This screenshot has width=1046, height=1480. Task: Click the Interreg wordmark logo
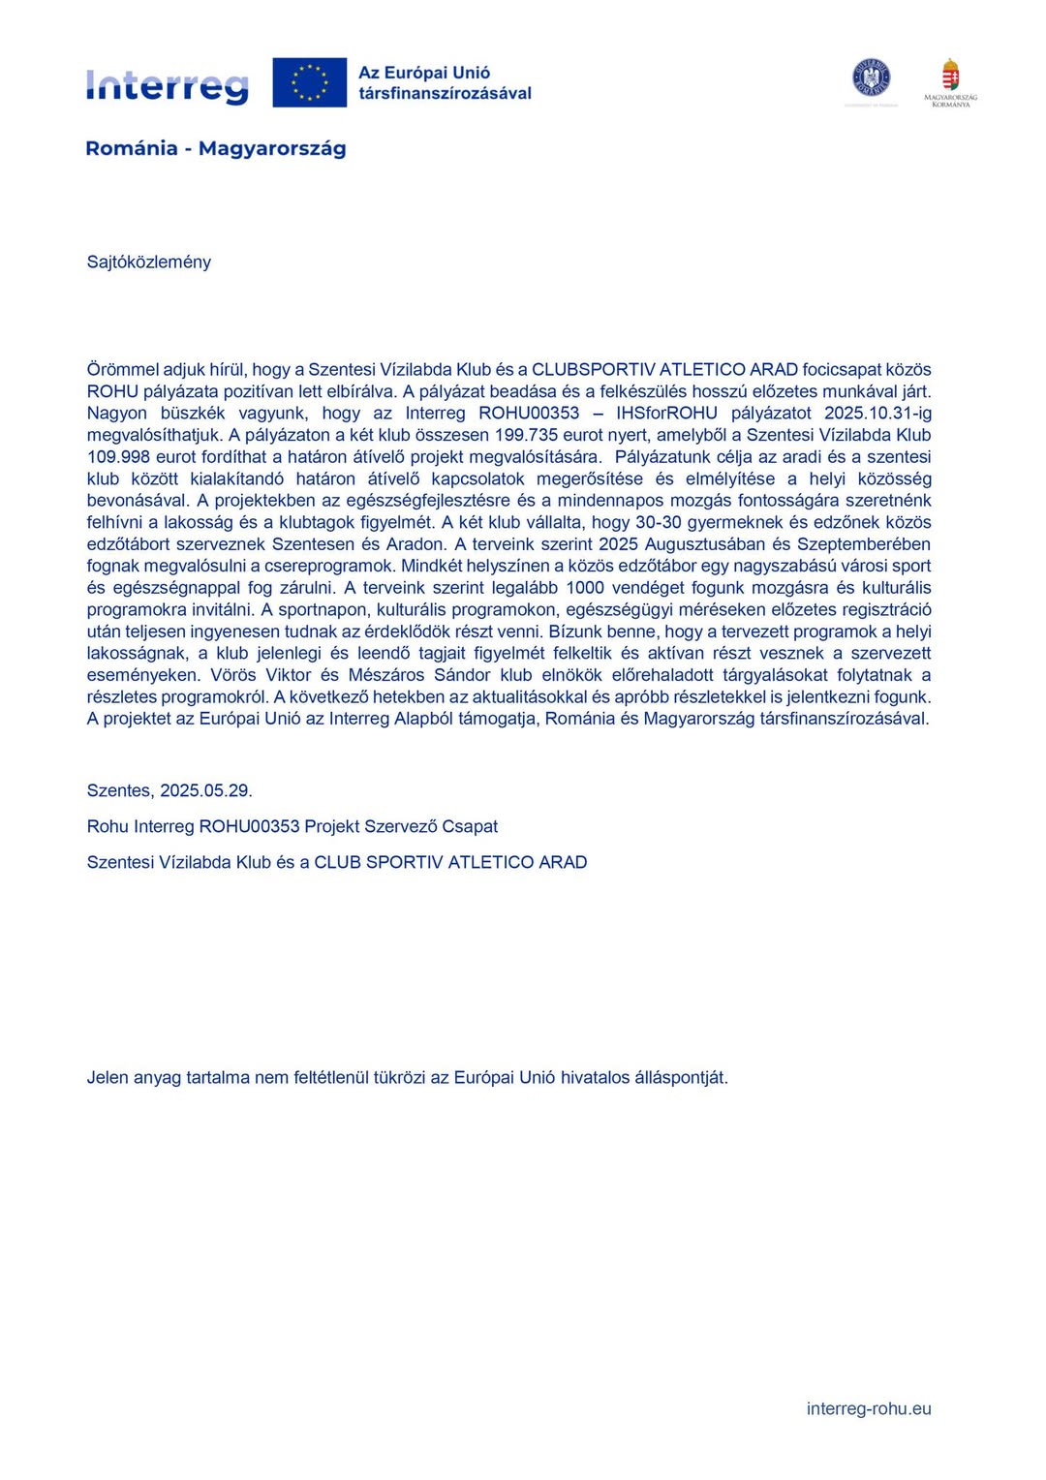[x=167, y=85]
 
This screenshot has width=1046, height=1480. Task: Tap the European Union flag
[x=309, y=82]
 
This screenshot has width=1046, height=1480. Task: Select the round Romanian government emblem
[x=871, y=77]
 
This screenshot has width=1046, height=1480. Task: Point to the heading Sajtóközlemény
[x=149, y=262]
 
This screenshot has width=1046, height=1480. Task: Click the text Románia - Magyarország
[x=215, y=148]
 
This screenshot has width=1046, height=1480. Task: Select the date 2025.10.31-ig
[x=877, y=414]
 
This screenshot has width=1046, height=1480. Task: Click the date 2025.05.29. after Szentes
[x=206, y=790]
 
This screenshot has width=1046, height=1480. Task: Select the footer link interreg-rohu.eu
[x=869, y=1409]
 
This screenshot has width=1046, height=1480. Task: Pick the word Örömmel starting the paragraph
[x=120, y=370]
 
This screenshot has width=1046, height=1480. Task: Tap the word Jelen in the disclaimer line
[x=107, y=1077]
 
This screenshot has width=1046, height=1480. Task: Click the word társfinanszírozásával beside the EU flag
[x=445, y=94]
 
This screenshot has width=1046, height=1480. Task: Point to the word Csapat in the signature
[x=470, y=826]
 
